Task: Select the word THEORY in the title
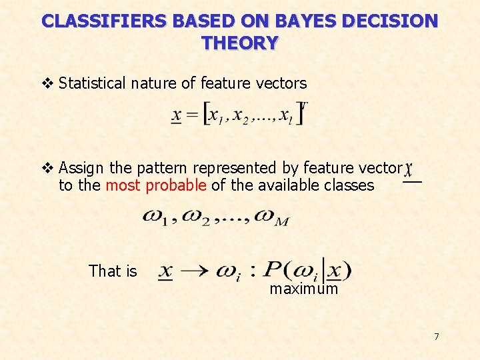(x=240, y=43)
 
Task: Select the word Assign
(x=79, y=168)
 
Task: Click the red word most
(x=123, y=185)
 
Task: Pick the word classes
(x=349, y=185)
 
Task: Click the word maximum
(x=303, y=289)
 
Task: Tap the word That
(x=104, y=271)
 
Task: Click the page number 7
(x=437, y=337)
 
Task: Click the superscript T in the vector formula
(x=304, y=105)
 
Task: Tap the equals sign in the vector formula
(x=192, y=116)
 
